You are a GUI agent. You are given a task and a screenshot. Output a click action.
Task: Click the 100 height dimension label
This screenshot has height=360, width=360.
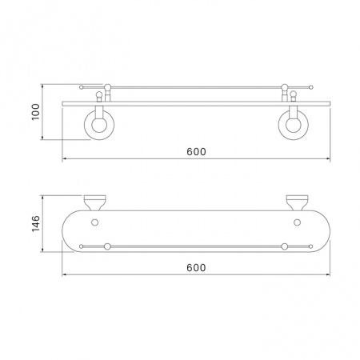[x=35, y=112]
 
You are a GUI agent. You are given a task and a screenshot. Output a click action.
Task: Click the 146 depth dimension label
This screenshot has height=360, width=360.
[x=35, y=224]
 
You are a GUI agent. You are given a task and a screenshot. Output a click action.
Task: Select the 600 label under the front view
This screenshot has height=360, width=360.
[x=196, y=152]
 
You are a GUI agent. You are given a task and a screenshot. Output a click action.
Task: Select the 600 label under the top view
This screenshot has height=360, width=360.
[x=196, y=267]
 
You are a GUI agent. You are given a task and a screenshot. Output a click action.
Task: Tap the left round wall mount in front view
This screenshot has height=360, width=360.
[x=99, y=125]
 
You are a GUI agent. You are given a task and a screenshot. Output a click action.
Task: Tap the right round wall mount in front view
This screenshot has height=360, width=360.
[x=294, y=125]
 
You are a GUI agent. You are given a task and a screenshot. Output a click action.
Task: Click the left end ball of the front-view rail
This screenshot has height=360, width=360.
[x=82, y=87]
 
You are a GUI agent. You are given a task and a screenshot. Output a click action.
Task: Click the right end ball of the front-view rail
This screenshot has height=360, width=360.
[x=310, y=87]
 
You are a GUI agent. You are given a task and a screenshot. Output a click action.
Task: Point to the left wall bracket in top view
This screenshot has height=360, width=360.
[x=95, y=202]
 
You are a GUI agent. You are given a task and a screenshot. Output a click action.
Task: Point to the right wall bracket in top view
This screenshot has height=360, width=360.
[x=297, y=202]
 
